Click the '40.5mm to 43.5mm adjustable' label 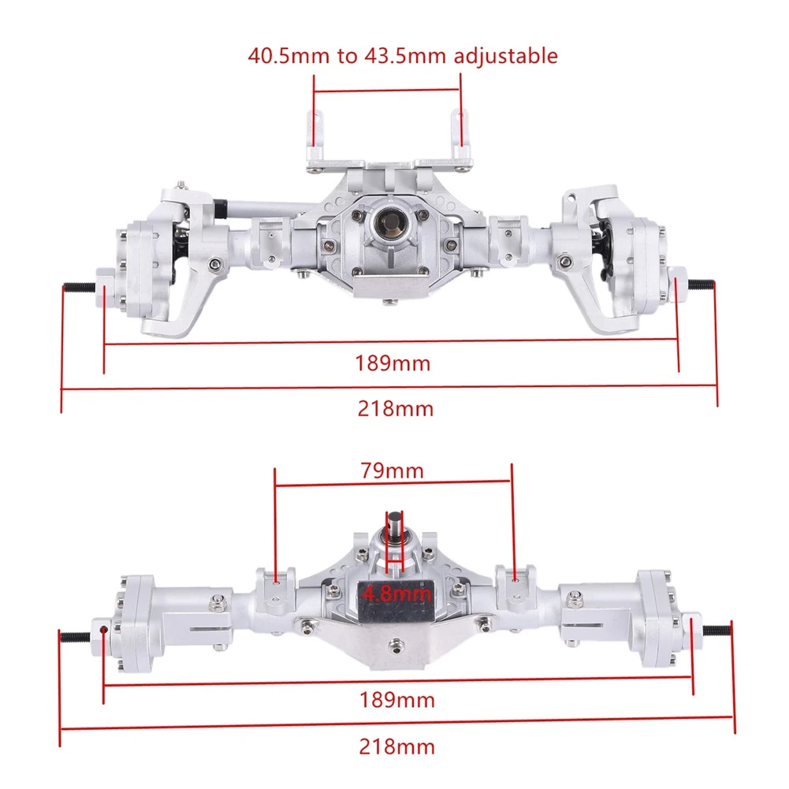[403, 56]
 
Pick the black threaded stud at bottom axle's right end [718, 631]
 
